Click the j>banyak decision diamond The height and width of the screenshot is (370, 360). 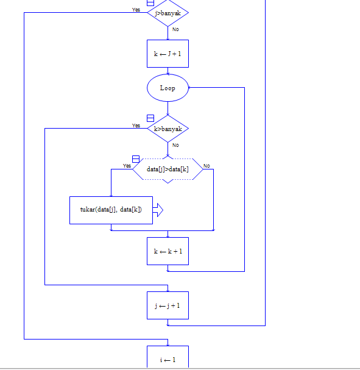[x=168, y=13]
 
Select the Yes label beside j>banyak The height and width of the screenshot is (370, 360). [x=136, y=10]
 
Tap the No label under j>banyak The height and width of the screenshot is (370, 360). [x=175, y=29]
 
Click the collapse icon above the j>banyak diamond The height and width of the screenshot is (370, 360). [x=150, y=2]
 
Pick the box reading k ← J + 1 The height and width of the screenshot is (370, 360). [x=168, y=54]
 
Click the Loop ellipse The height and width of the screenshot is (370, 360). [x=168, y=88]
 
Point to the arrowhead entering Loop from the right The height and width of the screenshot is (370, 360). [x=191, y=88]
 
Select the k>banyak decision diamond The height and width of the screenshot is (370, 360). [x=168, y=129]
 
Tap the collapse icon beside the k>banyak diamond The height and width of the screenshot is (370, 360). [x=150, y=118]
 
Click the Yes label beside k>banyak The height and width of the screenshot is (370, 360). [x=136, y=126]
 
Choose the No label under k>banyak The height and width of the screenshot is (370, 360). [x=175, y=145]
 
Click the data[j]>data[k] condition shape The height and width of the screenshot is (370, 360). [x=168, y=169]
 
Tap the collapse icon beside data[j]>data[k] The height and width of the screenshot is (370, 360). [x=136, y=159]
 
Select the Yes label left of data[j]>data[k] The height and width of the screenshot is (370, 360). [x=127, y=166]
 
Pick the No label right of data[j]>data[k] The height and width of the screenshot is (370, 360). [x=206, y=166]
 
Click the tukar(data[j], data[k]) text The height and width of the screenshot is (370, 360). [x=111, y=210]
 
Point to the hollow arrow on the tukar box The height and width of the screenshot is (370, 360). [x=158, y=210]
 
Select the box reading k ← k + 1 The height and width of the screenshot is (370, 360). [x=168, y=251]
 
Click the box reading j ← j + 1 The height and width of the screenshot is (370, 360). [x=168, y=305]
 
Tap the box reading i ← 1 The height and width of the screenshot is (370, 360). [x=168, y=359]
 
